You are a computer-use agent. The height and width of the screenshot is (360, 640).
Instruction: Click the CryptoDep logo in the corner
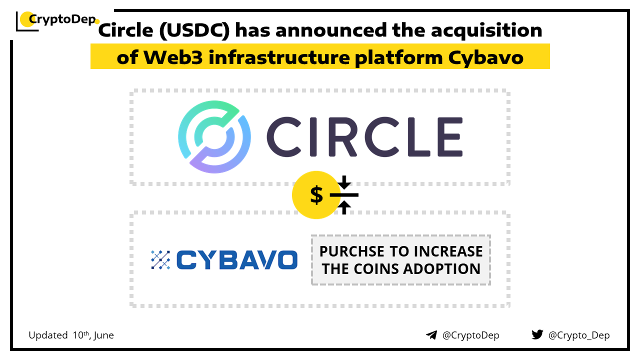click(x=57, y=20)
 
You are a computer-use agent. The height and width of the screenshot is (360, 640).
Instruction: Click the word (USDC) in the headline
click(x=194, y=30)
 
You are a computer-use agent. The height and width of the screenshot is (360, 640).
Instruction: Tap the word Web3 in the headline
click(x=173, y=57)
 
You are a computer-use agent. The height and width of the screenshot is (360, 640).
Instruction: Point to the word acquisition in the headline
click(x=486, y=30)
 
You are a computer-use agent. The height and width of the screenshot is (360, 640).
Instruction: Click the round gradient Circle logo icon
click(x=214, y=137)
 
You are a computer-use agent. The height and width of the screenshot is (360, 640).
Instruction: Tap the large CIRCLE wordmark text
click(x=364, y=137)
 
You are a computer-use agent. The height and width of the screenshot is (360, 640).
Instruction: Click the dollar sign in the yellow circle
click(x=316, y=195)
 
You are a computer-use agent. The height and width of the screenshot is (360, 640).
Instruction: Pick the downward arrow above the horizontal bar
click(x=344, y=182)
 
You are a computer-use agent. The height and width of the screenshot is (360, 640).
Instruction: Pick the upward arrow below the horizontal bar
click(x=344, y=207)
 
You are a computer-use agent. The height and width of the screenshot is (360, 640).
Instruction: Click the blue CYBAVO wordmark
click(x=237, y=260)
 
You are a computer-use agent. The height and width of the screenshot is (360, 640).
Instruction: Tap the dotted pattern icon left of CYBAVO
click(x=160, y=259)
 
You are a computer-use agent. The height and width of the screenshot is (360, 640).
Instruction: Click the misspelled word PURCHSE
click(x=352, y=251)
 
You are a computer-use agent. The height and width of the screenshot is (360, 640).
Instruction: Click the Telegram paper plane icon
click(x=431, y=335)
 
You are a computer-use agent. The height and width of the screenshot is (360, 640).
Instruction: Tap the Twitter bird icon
click(x=537, y=334)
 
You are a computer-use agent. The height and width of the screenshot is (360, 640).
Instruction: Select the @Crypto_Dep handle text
click(x=579, y=335)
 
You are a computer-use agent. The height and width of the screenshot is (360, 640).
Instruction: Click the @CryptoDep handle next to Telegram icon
click(x=470, y=335)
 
